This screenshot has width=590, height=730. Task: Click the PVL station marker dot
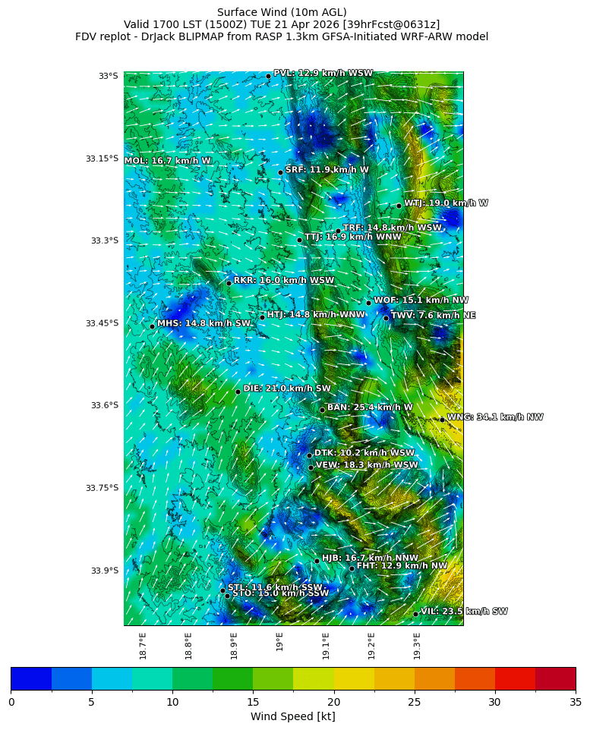point(268,76)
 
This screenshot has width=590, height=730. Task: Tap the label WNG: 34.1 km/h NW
point(494,417)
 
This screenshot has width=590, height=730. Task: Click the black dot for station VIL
point(415,614)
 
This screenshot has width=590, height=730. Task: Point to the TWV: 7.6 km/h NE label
point(433,315)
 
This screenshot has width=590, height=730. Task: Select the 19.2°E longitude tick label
point(371,646)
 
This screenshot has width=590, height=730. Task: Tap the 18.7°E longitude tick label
point(143,646)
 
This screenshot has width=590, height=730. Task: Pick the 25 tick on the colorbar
point(415,702)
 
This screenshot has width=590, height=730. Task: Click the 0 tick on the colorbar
point(11,702)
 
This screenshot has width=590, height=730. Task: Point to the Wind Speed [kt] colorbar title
point(292,716)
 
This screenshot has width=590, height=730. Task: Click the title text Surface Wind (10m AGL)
point(282,12)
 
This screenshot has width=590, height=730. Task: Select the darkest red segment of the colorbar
point(555,678)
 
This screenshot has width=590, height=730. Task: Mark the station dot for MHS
point(152,326)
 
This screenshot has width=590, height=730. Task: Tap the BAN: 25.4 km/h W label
point(370,407)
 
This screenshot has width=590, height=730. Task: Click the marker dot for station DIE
point(238,392)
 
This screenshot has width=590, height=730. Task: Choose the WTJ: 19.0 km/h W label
point(446,203)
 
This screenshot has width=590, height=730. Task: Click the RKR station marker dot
point(229,283)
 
